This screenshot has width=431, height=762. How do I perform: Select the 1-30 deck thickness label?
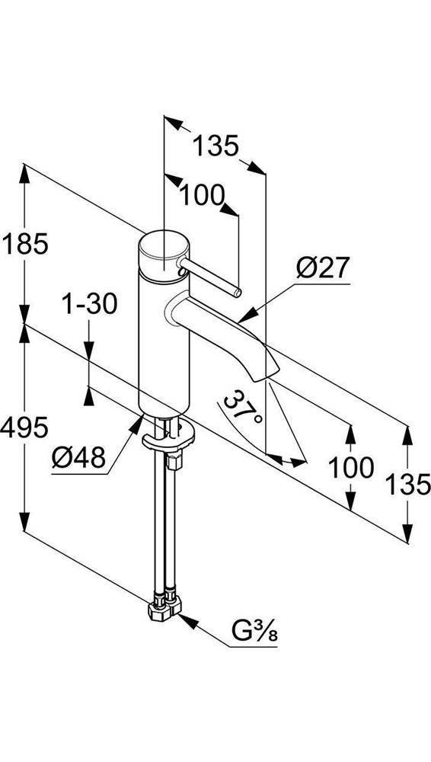pyautogui.click(x=90, y=306)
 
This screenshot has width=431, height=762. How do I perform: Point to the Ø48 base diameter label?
pyautogui.click(x=78, y=457)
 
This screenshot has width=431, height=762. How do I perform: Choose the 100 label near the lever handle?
pyautogui.click(x=203, y=196)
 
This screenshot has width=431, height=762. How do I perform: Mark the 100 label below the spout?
pyautogui.click(x=351, y=467)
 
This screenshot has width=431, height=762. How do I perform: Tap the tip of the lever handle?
pyautogui.click(x=237, y=293)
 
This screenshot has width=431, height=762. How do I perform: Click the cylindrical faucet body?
pyautogui.click(x=162, y=343)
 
